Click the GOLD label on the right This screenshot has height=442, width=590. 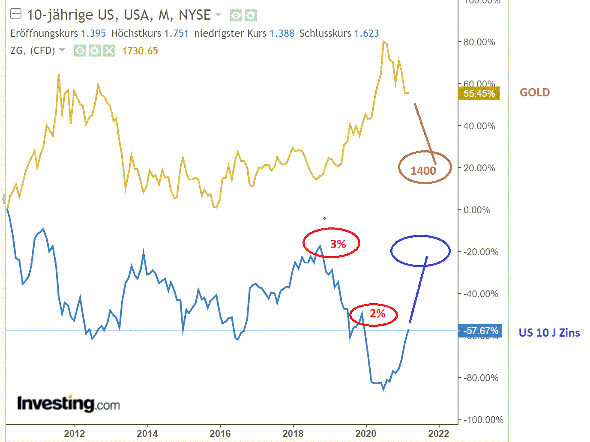tap(534, 93)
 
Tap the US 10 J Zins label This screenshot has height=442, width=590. tap(549, 333)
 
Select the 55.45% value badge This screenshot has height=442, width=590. tap(479, 93)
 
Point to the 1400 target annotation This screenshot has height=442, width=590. tap(423, 170)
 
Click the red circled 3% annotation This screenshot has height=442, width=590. tap(338, 244)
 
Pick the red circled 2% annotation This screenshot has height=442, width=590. tap(377, 314)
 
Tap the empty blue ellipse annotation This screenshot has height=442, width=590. tap(420, 251)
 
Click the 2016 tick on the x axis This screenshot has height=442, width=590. tap(220, 433)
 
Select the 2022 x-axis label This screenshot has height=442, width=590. tap(439, 433)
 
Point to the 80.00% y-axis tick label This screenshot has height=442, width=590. tap(479, 42)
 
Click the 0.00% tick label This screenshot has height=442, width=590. tap(477, 210)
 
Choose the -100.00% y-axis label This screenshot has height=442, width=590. tap(483, 420)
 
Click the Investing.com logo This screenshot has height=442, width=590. tap(68, 403)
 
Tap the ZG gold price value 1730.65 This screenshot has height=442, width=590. tap(140, 51)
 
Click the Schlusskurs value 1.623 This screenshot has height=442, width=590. tap(366, 33)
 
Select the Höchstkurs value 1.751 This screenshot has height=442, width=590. tap(177, 33)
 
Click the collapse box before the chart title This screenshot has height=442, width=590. tap(16, 15)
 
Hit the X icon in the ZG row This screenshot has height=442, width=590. tap(110, 51)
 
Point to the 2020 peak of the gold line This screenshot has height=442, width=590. tap(383, 42)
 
